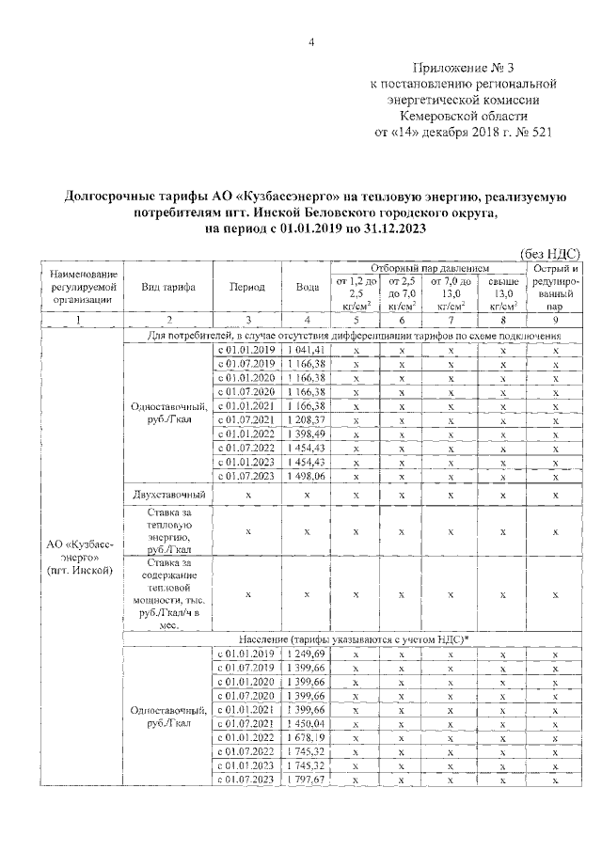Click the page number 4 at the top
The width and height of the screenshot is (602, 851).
[311, 42]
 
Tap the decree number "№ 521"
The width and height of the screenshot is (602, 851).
[529, 133]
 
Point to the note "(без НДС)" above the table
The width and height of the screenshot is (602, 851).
[549, 253]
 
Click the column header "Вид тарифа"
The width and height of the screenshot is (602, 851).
[167, 287]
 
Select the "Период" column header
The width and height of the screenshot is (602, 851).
[246, 287]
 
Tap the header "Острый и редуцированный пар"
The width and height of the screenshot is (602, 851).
[555, 287]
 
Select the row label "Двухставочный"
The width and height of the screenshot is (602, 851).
[167, 495]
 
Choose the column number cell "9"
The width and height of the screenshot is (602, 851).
[555, 321]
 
